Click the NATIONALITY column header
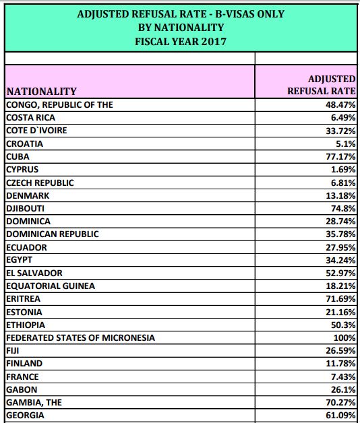click(42, 92)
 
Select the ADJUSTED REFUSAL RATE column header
click(322, 85)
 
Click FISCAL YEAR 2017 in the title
click(181, 42)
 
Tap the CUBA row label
click(18, 157)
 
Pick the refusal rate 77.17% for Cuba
click(340, 157)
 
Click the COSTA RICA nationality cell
click(31, 118)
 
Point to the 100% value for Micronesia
click(344, 337)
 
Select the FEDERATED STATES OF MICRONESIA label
click(80, 337)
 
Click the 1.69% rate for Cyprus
click(343, 170)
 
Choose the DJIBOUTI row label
click(26, 209)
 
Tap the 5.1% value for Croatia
click(346, 143)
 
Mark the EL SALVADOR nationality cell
click(34, 273)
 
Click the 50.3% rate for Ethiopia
click(343, 325)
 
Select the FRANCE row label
click(22, 377)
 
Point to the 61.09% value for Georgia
click(340, 416)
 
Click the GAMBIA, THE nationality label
click(34, 403)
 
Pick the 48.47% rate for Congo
click(340, 104)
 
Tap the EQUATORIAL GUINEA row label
click(51, 286)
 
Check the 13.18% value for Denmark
click(340, 195)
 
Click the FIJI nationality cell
click(13, 351)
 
